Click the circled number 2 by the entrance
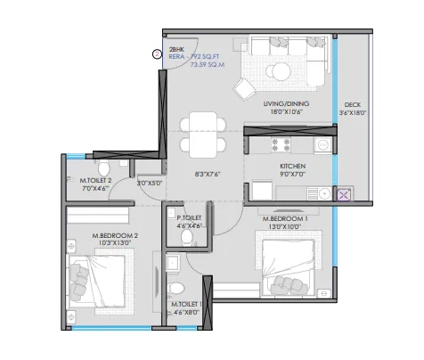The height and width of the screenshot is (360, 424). point(157,54)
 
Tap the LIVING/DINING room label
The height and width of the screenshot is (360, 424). point(286,104)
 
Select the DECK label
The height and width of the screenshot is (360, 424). point(353,105)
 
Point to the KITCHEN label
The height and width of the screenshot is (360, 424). point(292,167)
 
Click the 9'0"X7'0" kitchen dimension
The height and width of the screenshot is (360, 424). point(292,174)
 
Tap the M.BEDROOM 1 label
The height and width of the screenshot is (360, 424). point(285,219)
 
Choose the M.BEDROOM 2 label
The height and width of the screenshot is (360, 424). point(115,236)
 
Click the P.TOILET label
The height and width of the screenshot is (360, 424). point(189,218)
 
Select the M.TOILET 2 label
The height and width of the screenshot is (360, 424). point(95,181)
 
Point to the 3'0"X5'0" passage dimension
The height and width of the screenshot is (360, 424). point(150,184)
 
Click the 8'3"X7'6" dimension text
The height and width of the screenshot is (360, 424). point(208,175)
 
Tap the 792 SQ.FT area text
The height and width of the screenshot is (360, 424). point(205,57)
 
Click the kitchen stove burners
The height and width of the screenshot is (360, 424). point(281,145)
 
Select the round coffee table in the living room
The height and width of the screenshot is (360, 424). point(278,71)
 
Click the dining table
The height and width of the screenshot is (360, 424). point(203,135)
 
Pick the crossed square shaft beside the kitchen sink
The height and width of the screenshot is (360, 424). point(343,195)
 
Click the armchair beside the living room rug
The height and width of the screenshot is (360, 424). point(244,89)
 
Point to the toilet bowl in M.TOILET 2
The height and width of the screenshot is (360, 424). point(104,168)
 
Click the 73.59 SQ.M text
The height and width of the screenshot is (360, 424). point(208,64)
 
